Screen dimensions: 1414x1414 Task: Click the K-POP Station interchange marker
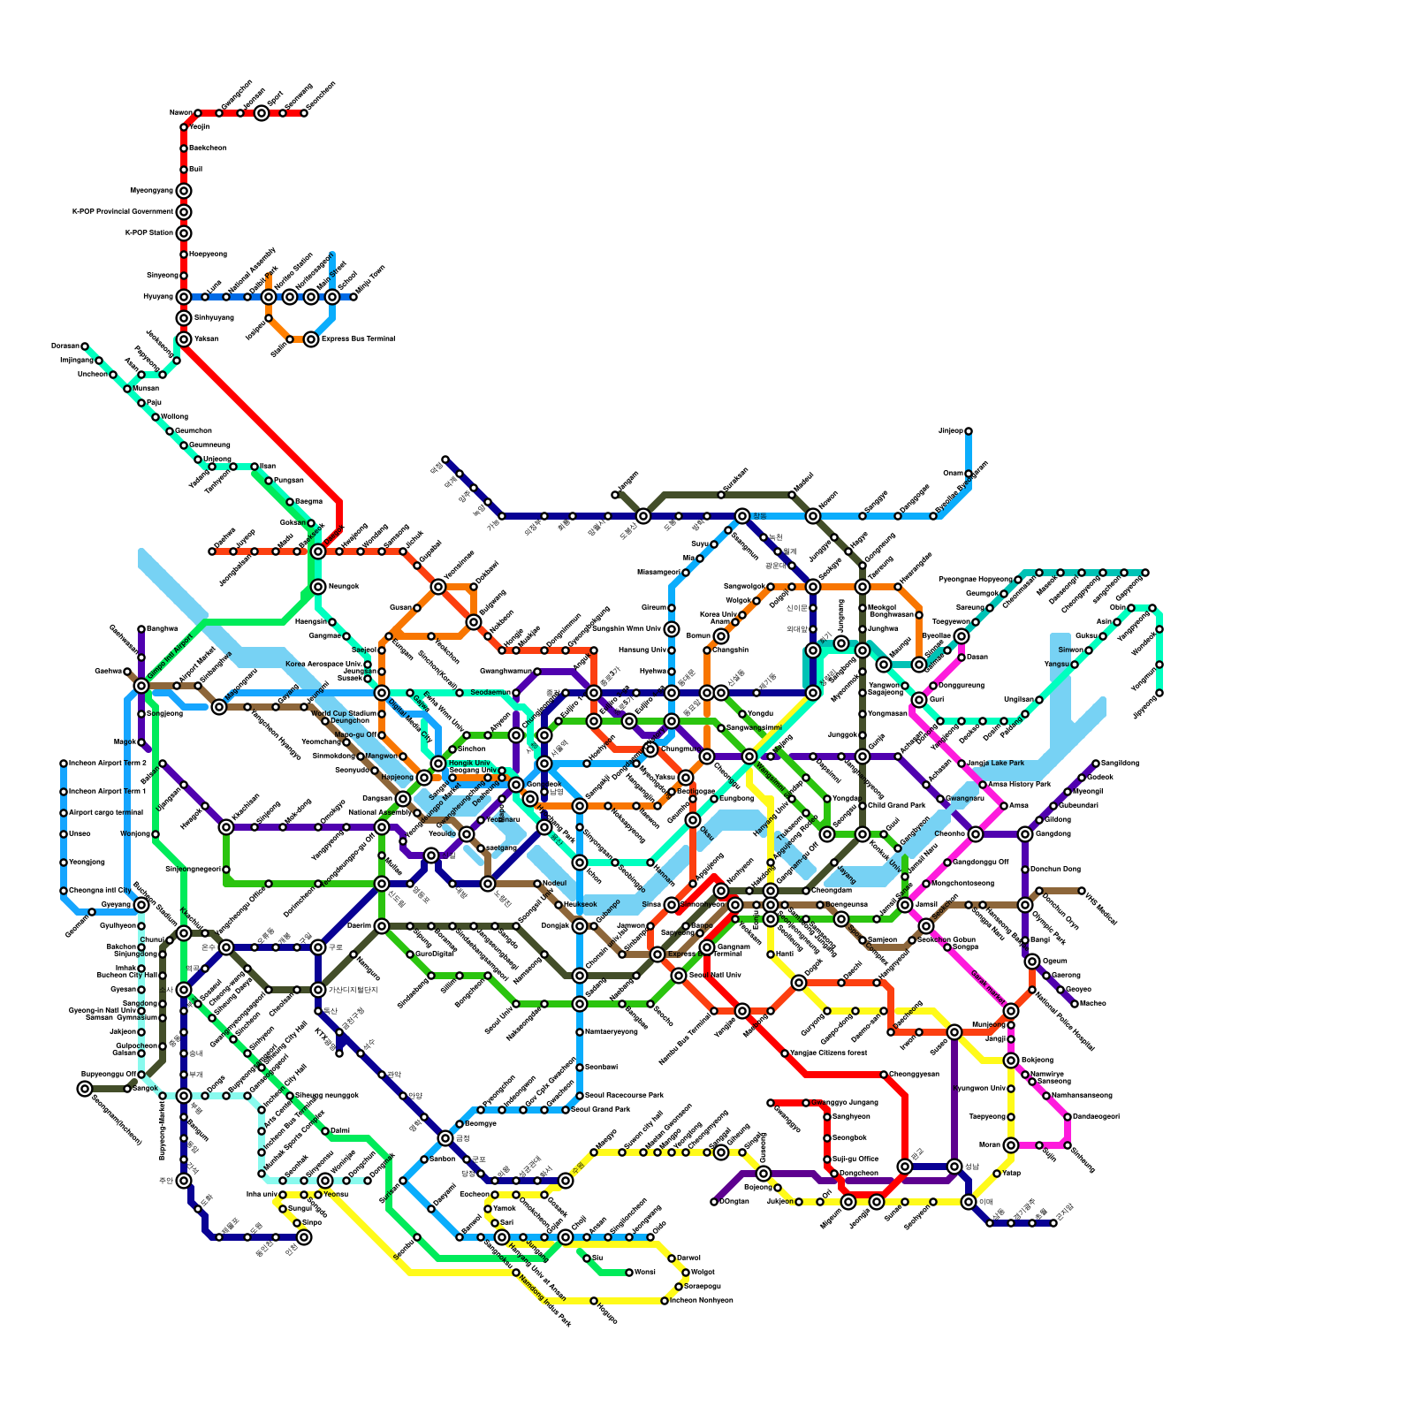(184, 233)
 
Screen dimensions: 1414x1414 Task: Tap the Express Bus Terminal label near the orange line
(357, 338)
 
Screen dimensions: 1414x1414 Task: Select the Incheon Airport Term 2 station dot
(64, 764)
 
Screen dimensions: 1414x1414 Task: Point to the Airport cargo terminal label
(105, 812)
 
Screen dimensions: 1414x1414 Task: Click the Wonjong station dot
(156, 834)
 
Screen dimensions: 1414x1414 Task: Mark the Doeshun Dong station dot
(1025, 870)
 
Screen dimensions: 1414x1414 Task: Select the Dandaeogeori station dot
(1068, 1117)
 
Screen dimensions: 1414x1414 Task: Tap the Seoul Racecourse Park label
(624, 1095)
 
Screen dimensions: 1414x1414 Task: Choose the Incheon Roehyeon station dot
(665, 1301)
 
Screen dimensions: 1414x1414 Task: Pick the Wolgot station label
(703, 1273)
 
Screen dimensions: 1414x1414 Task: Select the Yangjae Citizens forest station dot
(785, 1053)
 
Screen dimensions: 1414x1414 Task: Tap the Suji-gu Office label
(855, 1159)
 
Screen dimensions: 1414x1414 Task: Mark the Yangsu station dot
(1075, 665)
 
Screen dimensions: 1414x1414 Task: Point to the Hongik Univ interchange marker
(438, 764)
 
